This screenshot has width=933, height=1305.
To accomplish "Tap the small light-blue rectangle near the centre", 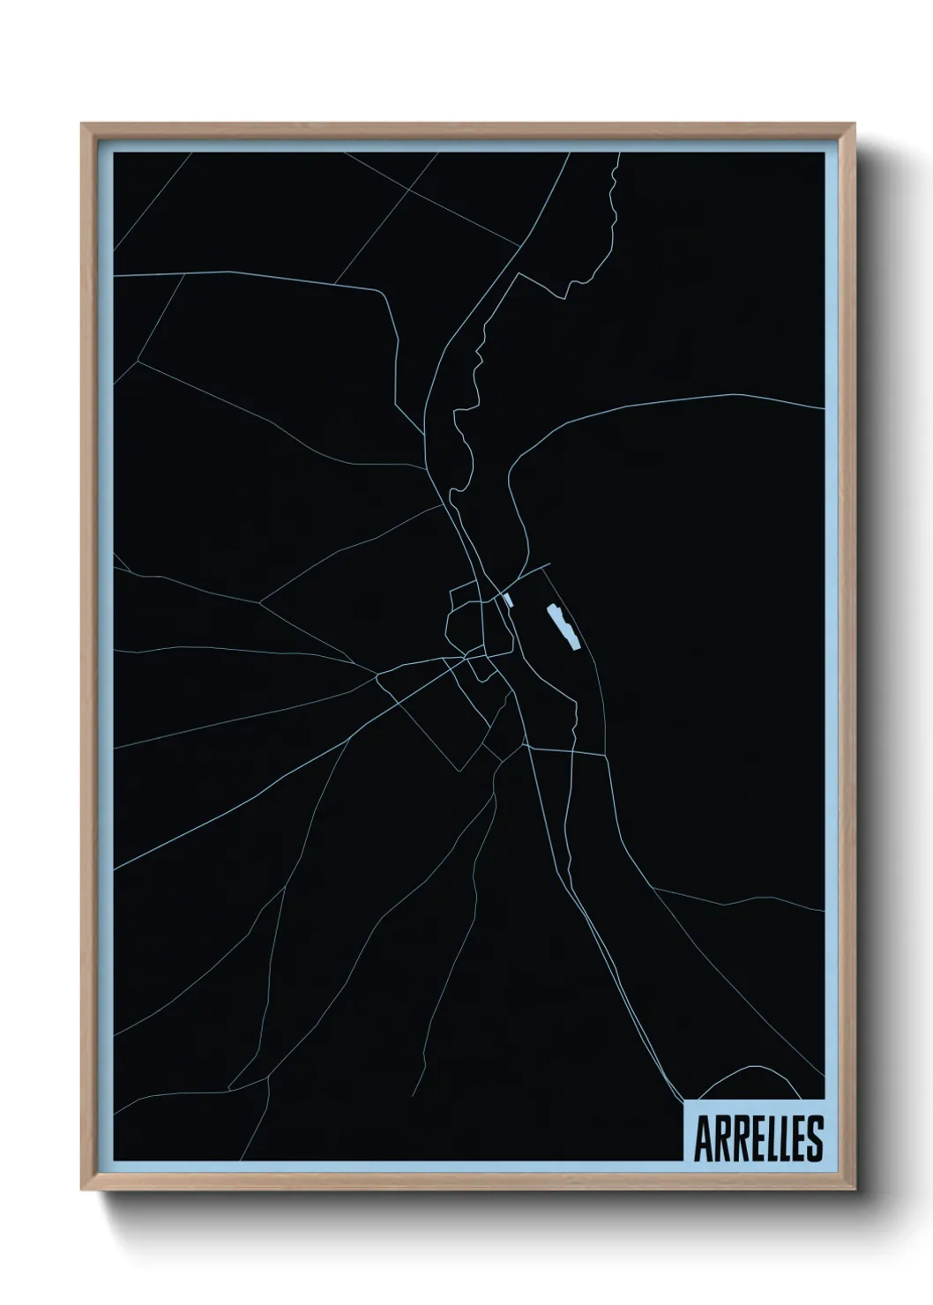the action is pos(506,600).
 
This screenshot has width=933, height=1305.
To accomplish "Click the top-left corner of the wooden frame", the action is pos(82,124).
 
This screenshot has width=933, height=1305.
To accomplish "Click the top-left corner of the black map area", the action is pos(114,153).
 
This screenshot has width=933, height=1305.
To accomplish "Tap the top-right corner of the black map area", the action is pos(825,153).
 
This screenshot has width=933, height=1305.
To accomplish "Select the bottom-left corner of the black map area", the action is pos(114,1160).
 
